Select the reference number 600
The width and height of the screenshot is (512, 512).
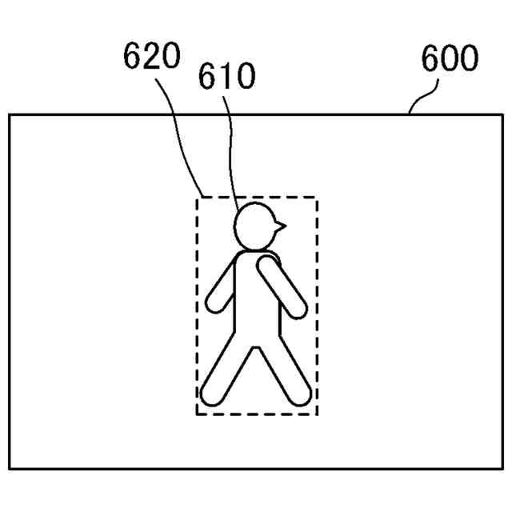click(x=450, y=58)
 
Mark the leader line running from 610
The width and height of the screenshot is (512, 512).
click(x=232, y=152)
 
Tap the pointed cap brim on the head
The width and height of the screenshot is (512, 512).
click(x=278, y=226)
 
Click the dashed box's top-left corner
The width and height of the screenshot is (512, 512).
click(x=198, y=198)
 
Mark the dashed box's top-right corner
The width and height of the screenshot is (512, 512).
click(x=317, y=198)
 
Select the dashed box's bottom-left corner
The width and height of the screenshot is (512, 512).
click(x=198, y=414)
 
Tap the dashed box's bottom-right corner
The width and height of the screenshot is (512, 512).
click(x=317, y=414)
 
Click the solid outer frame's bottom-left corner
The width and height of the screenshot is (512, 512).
click(x=10, y=469)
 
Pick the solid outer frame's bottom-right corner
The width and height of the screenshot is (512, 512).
click(x=503, y=469)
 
